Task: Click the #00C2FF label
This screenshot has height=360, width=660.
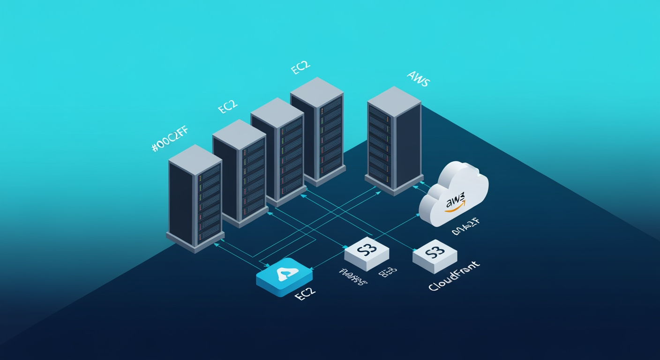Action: (x=170, y=139)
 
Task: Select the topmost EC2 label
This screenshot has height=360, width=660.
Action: (x=300, y=68)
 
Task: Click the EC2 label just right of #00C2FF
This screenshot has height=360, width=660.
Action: (x=228, y=107)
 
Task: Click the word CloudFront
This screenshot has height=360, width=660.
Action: (x=454, y=278)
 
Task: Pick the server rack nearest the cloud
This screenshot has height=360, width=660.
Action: (x=394, y=141)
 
